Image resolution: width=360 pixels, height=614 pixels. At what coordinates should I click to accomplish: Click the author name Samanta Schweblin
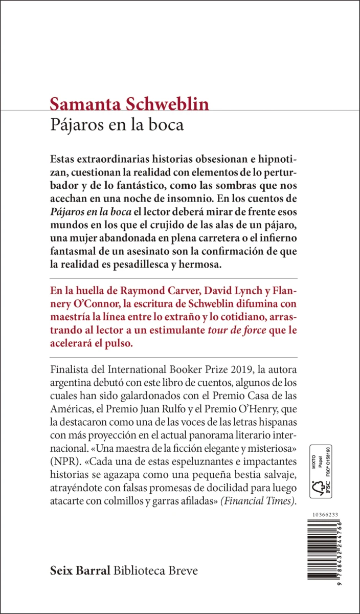129,104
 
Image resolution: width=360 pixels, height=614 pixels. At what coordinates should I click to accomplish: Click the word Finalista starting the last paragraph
75,369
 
